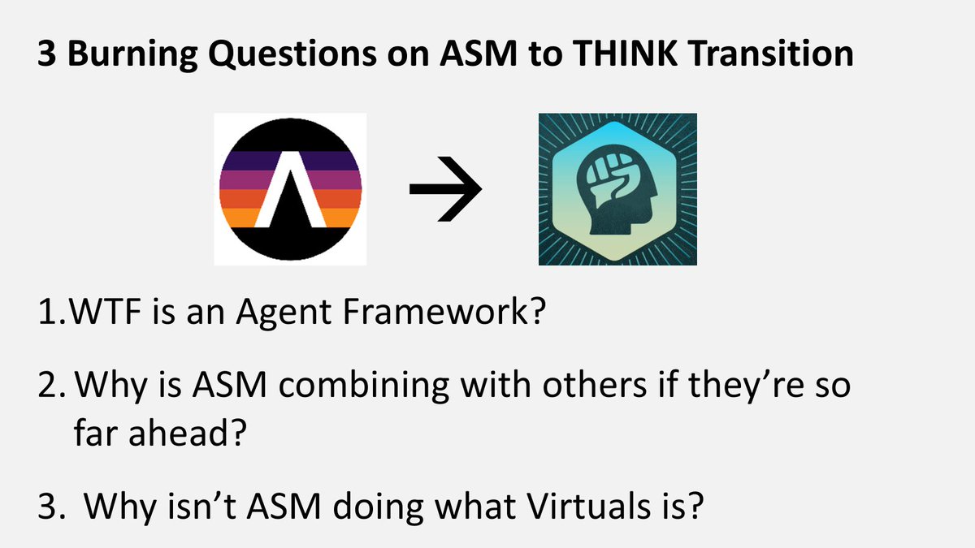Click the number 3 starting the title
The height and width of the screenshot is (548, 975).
click(45, 55)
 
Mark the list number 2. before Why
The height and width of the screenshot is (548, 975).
click(51, 384)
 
